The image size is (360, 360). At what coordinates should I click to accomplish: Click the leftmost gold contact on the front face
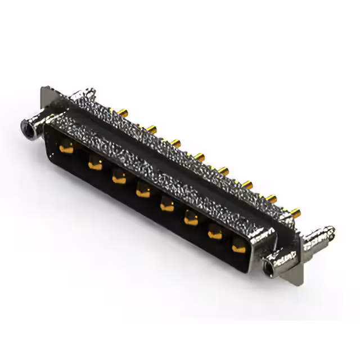[66, 148]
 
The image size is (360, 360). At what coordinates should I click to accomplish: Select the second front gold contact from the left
[94, 164]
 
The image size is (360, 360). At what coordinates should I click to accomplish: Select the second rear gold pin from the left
[151, 128]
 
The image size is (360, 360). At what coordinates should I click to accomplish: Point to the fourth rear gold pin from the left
[200, 154]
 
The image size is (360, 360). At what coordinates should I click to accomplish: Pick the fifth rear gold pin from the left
[224, 168]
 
